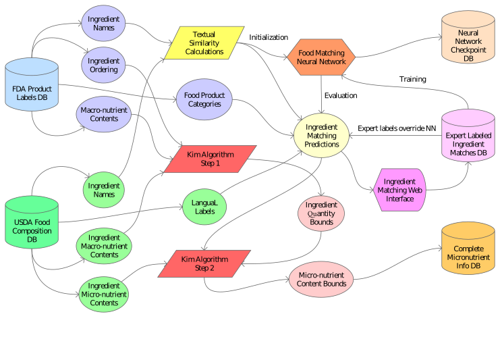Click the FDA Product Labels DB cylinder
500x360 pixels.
32,93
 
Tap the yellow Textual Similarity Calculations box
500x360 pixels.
204,43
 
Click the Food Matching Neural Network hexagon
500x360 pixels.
321,57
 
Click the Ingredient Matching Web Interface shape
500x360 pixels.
399,190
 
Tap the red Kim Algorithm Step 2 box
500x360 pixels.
204,263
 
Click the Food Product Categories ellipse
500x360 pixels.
204,100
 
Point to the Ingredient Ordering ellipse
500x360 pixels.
103,65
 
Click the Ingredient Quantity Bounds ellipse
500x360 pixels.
321,213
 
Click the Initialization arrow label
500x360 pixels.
269,37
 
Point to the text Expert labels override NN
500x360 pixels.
397,127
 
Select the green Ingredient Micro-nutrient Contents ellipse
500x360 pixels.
104,294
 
